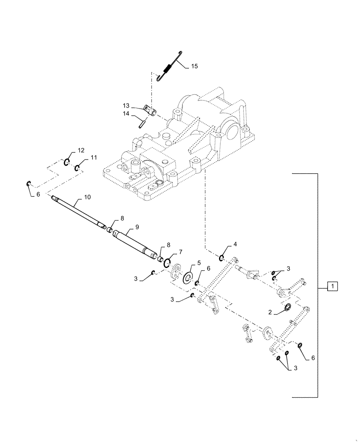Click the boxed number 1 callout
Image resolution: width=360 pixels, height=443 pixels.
pyautogui.click(x=332, y=286)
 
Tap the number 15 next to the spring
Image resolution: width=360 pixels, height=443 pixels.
pyautogui.click(x=195, y=66)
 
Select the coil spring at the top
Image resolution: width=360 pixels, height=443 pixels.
pyautogui.click(x=168, y=69)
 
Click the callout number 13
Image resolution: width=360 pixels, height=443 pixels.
pyautogui.click(x=126, y=105)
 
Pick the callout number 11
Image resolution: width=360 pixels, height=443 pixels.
pyautogui.click(x=94, y=157)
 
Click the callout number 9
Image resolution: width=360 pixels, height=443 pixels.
pyautogui.click(x=137, y=226)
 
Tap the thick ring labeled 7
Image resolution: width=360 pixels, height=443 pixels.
pyautogui.click(x=167, y=263)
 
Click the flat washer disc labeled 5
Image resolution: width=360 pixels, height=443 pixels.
pyautogui.click(x=188, y=278)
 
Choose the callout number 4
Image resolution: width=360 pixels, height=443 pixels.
pyautogui.click(x=235, y=245)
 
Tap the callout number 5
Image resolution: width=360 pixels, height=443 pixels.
pyautogui.click(x=187, y=263)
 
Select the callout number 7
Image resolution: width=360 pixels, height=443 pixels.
pyautogui.click(x=180, y=252)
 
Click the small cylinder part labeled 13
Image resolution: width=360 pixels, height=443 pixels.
pyautogui.click(x=151, y=111)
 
